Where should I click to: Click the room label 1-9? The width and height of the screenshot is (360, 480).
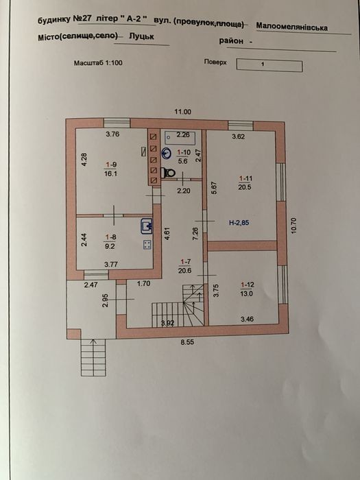[x=110, y=165]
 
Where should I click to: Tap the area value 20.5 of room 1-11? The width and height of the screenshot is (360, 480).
[x=245, y=187]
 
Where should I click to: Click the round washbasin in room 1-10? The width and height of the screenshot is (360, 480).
[x=167, y=154]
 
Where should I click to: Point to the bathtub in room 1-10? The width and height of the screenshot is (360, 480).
[x=183, y=137]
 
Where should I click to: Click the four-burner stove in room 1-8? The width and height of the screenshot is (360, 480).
[x=147, y=245]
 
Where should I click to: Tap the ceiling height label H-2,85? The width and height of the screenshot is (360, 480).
[x=239, y=223]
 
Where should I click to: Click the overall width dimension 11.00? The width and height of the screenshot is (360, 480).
[x=183, y=112]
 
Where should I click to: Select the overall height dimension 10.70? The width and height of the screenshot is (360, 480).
[x=293, y=226]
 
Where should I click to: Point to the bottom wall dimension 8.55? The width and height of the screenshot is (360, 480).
[x=187, y=342]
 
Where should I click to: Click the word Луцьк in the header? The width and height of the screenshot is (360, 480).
[x=141, y=36]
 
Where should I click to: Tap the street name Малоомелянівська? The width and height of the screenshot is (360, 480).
[x=291, y=27]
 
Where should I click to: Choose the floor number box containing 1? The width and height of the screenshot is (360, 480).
[x=269, y=66]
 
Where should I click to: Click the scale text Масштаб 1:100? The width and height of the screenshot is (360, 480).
[x=98, y=63]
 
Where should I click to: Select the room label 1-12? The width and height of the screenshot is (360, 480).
[x=247, y=285]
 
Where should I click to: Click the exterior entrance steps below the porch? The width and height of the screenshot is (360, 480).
[x=93, y=357]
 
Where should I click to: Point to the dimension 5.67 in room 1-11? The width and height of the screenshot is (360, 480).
[x=214, y=188]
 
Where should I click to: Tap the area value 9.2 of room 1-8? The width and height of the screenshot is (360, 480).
[x=110, y=245]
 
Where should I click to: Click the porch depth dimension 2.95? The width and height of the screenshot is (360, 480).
[x=106, y=300]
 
